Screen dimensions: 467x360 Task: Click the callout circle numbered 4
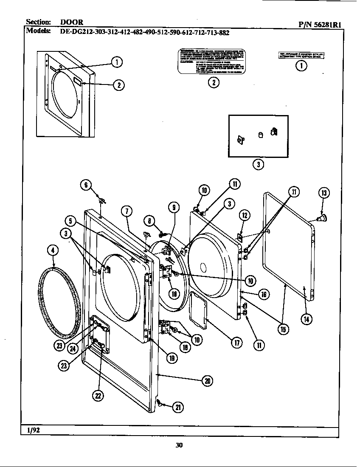pyautogui.click(x=53, y=250)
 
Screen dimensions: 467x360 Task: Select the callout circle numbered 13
pyautogui.click(x=324, y=193)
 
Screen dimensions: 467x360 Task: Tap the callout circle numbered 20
pyautogui.click(x=207, y=381)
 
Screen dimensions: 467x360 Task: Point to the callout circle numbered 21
pyautogui.click(x=178, y=407)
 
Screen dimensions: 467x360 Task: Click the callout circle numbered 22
pyautogui.click(x=98, y=395)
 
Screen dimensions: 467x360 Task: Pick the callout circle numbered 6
pyautogui.click(x=86, y=184)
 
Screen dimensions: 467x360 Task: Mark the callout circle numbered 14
pyautogui.click(x=305, y=318)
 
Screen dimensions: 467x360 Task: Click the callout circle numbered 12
pyautogui.click(x=245, y=215)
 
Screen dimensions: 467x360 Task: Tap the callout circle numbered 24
pyautogui.click(x=73, y=348)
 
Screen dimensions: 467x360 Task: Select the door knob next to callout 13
pyautogui.click(x=321, y=219)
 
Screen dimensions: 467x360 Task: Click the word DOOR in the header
pyautogui.click(x=71, y=22)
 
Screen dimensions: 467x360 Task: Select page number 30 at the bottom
pyautogui.click(x=179, y=445)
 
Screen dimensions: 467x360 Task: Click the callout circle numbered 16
pyautogui.click(x=263, y=294)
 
